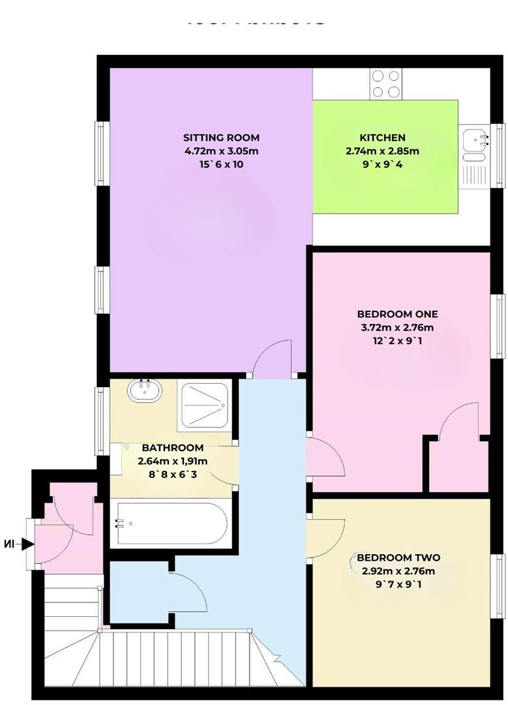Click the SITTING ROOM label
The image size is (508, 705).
point(221,138)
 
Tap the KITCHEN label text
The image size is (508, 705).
point(382,138)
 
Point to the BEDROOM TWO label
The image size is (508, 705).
point(398,557)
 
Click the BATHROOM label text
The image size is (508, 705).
point(172,448)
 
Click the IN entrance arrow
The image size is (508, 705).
point(22,543)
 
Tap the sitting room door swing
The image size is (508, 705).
point(273,360)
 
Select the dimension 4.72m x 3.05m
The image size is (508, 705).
point(221,151)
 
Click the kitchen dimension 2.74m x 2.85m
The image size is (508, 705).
point(382,151)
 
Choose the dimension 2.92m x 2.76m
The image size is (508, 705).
point(398,571)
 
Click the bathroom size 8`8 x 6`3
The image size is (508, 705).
point(172,475)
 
